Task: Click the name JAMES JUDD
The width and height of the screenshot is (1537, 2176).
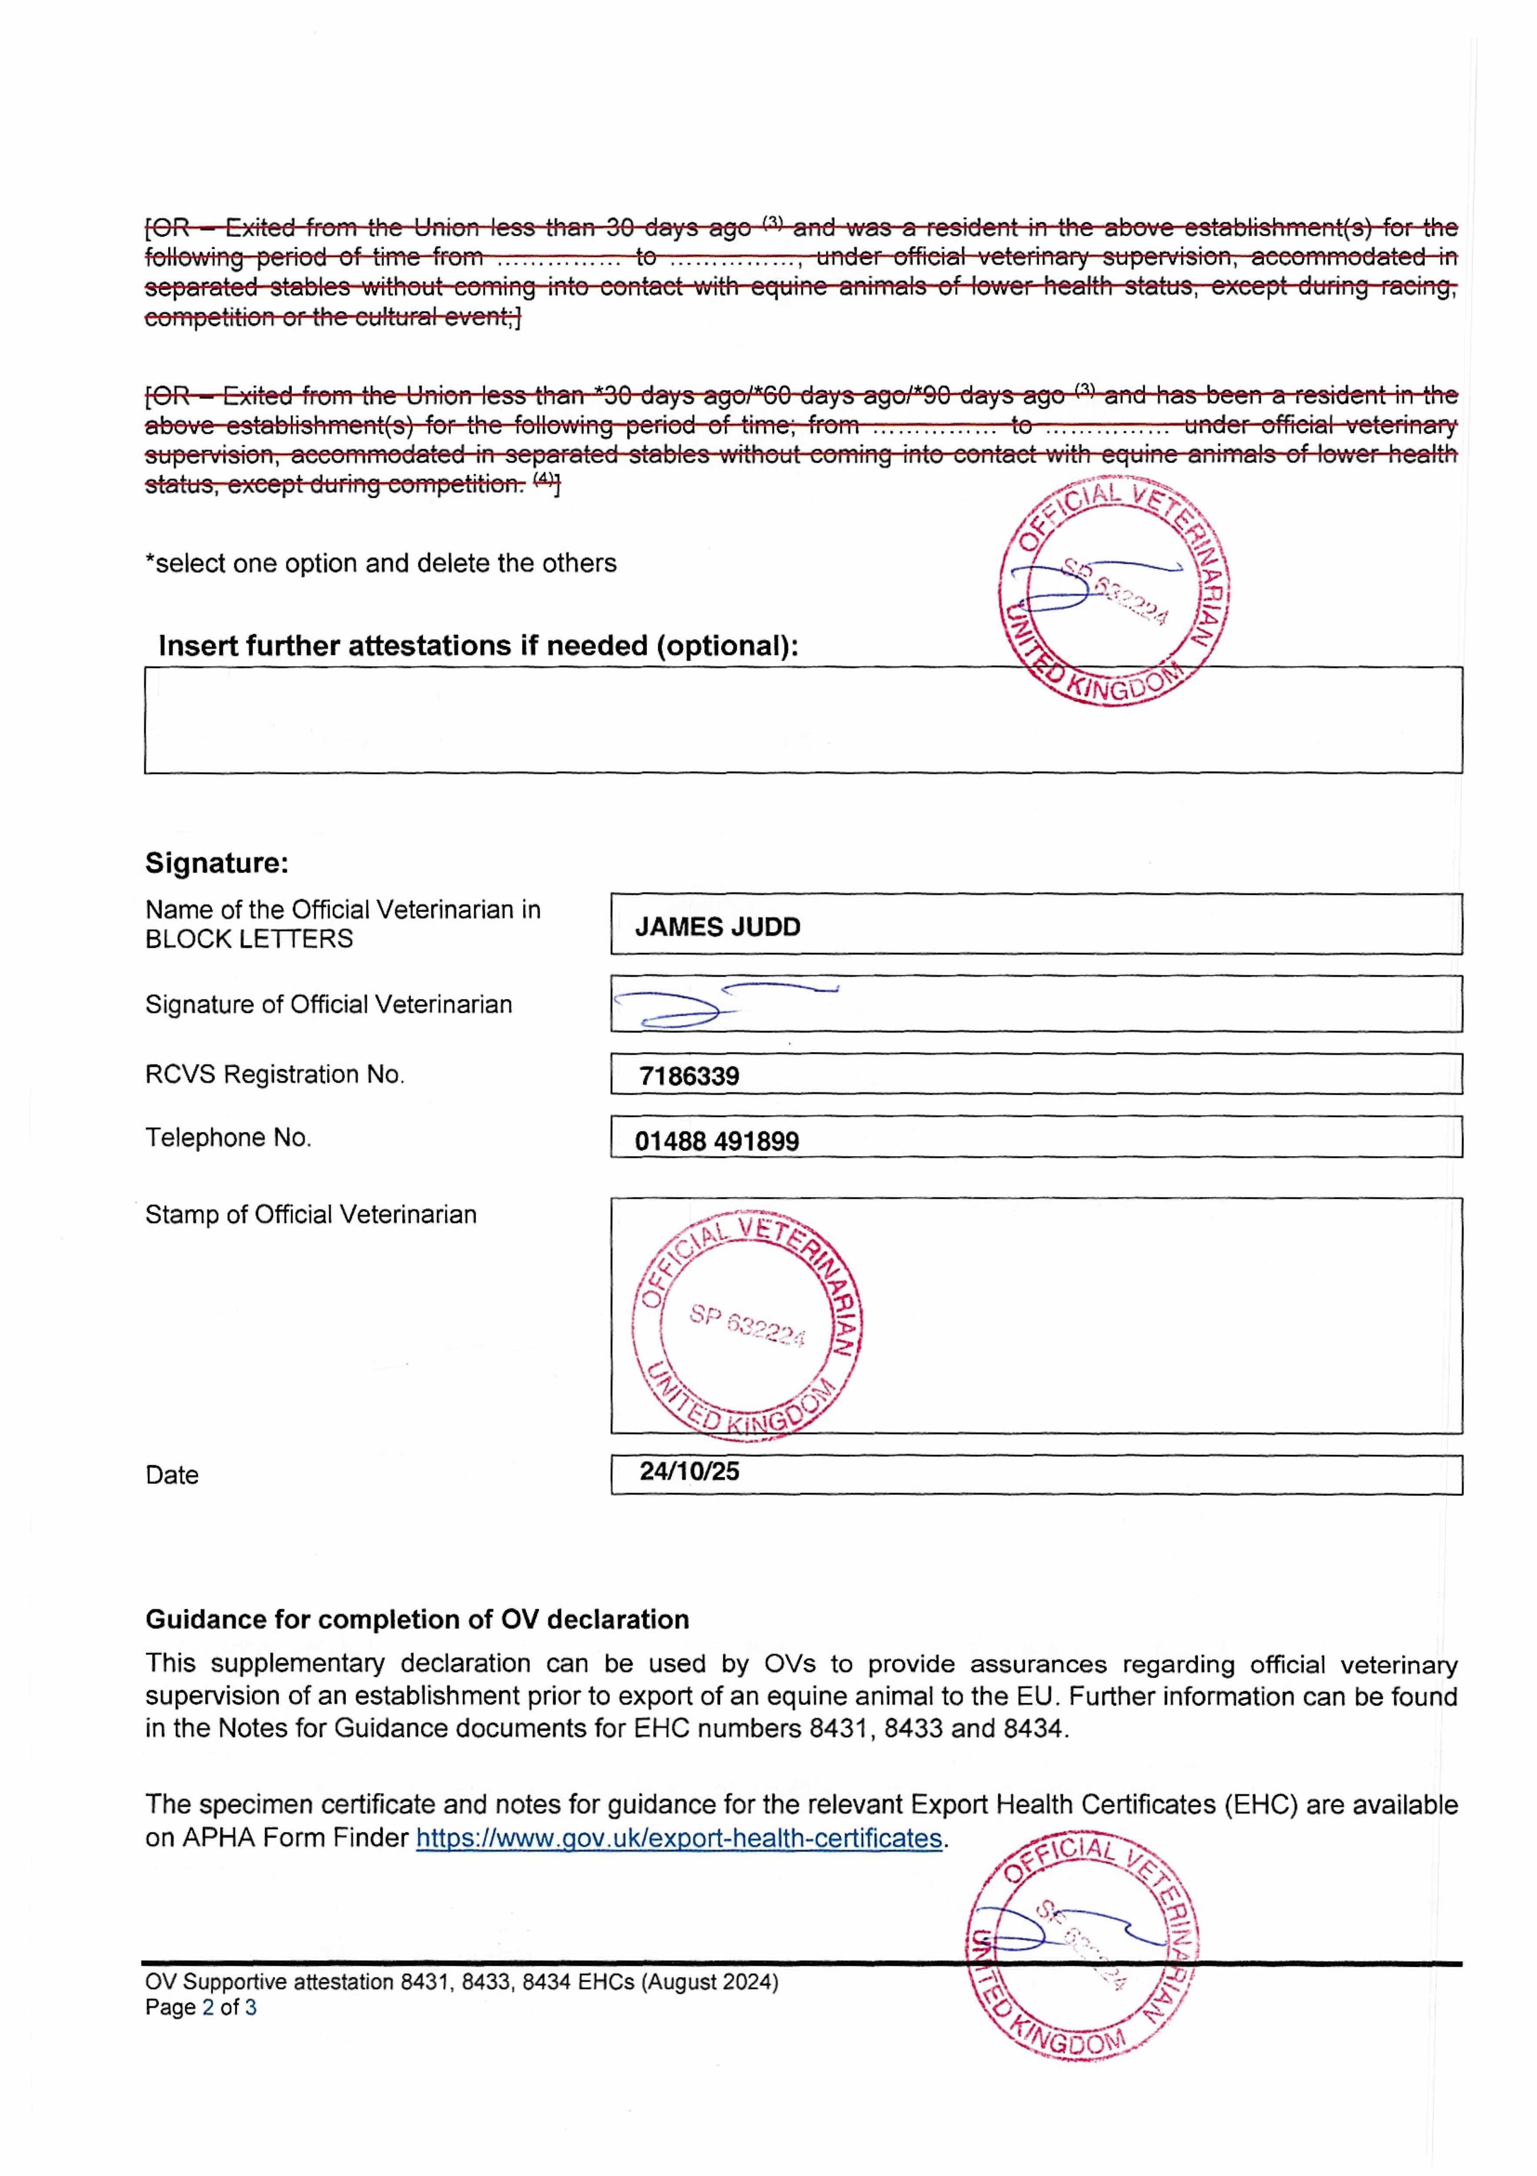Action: point(717,927)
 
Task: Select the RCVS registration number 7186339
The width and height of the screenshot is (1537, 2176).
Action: point(689,1076)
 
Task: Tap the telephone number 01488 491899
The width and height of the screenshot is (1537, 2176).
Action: point(717,1141)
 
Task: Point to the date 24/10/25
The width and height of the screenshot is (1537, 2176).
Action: point(689,1471)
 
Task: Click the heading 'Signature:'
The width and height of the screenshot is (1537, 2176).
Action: point(216,863)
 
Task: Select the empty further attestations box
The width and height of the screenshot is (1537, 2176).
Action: point(803,720)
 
